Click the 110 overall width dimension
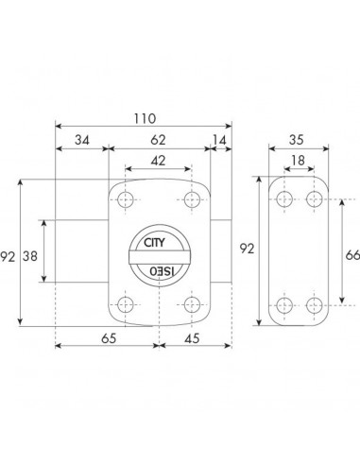pos(145,119)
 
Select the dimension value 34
pos(82,140)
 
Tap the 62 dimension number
pos(158,140)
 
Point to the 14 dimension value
pos(219,140)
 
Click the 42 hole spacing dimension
pos(158,161)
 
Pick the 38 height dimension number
pos(30,256)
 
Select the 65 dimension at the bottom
pos(109,338)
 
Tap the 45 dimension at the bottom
pos(192,338)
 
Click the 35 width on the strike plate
pos(297,140)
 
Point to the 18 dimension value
pos(298,161)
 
